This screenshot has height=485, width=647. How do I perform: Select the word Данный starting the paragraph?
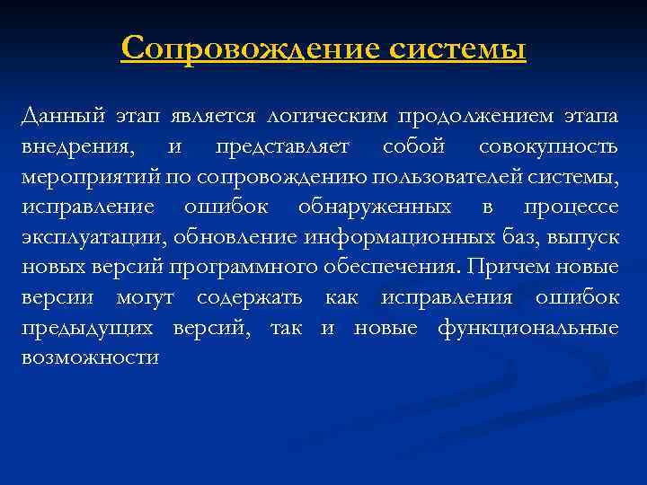61,116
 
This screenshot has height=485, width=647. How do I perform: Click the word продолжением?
488,116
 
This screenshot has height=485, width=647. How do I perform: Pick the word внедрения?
76,146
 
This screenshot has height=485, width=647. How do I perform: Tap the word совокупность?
548,146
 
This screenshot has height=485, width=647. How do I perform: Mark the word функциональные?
528,328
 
